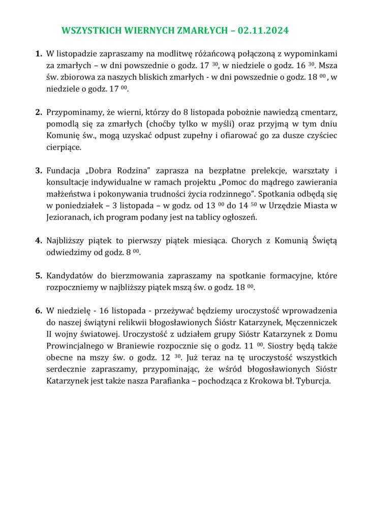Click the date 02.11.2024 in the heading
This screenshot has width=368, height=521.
pyautogui.click(x=263, y=31)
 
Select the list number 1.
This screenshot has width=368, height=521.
pyautogui.click(x=39, y=53)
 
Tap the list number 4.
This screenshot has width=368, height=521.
pyautogui.click(x=39, y=240)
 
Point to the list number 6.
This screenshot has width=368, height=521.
pyautogui.click(x=39, y=310)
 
